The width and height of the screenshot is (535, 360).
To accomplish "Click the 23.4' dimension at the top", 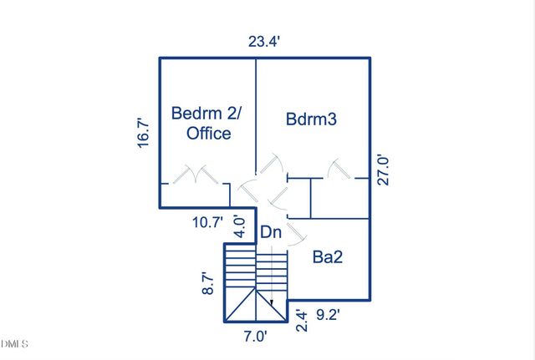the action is click(264, 42).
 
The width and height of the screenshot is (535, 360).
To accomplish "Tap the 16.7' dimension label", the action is click(144, 133).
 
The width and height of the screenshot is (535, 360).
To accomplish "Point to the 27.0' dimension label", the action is click(383, 170).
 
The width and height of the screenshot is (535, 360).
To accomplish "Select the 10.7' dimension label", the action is click(207, 223).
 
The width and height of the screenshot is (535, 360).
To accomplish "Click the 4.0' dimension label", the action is click(240, 226).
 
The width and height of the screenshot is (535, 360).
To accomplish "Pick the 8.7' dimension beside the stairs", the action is click(208, 283).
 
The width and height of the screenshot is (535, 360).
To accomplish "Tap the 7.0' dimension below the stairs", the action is click(255, 337).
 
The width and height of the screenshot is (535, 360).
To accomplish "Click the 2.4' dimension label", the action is click(302, 321).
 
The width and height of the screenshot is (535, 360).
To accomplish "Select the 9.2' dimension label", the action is click(328, 315).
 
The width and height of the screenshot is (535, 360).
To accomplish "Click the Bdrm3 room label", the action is click(311, 119).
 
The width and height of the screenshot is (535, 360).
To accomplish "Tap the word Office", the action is click(208, 133).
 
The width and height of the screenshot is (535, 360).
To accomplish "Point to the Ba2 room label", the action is click(328, 256).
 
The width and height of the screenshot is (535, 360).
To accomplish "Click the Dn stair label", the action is click(271, 232).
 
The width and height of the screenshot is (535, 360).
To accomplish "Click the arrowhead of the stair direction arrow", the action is click(272, 302).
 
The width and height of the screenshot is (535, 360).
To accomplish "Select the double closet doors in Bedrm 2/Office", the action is click(195, 175).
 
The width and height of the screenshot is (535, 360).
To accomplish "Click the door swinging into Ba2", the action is click(295, 234).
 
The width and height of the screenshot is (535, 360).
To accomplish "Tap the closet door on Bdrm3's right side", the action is click(339, 169).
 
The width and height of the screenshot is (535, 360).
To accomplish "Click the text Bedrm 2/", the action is click(206, 113).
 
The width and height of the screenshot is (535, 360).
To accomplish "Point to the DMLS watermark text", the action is click(14, 343).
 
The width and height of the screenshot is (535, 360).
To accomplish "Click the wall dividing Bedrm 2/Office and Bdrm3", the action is click(256, 116).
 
